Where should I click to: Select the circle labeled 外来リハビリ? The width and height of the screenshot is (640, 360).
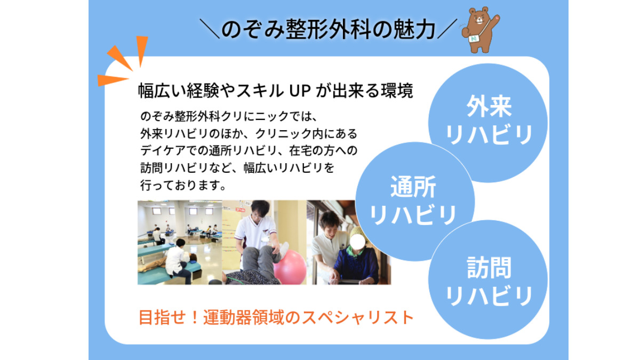(489, 121)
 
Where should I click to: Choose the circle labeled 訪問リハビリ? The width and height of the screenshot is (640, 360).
(489, 280)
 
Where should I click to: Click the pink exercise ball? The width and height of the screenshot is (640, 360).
(291, 266)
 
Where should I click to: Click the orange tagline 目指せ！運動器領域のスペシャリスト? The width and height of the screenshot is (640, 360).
(276, 317)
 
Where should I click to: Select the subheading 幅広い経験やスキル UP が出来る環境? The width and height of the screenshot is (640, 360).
(275, 91)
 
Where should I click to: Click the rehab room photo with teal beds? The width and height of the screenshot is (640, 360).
(179, 243)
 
